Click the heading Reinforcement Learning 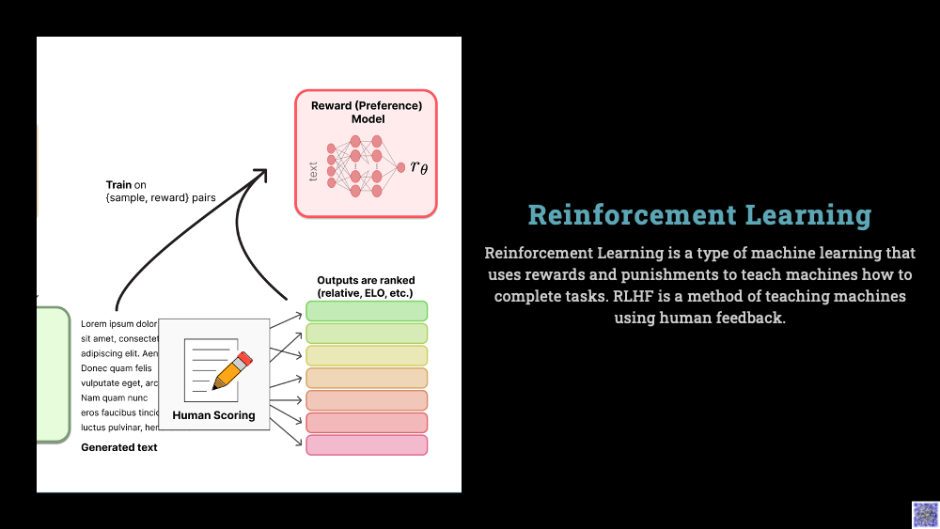(x=699, y=215)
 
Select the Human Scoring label (x=213, y=415)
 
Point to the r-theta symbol (x=419, y=167)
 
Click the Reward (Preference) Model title (x=367, y=113)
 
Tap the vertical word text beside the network (x=313, y=172)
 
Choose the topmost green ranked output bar (x=367, y=311)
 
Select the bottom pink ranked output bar (x=367, y=445)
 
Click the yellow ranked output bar (x=367, y=355)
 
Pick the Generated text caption (x=119, y=447)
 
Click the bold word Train (x=118, y=185)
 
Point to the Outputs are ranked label (x=366, y=287)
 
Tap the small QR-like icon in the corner (x=925, y=514)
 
